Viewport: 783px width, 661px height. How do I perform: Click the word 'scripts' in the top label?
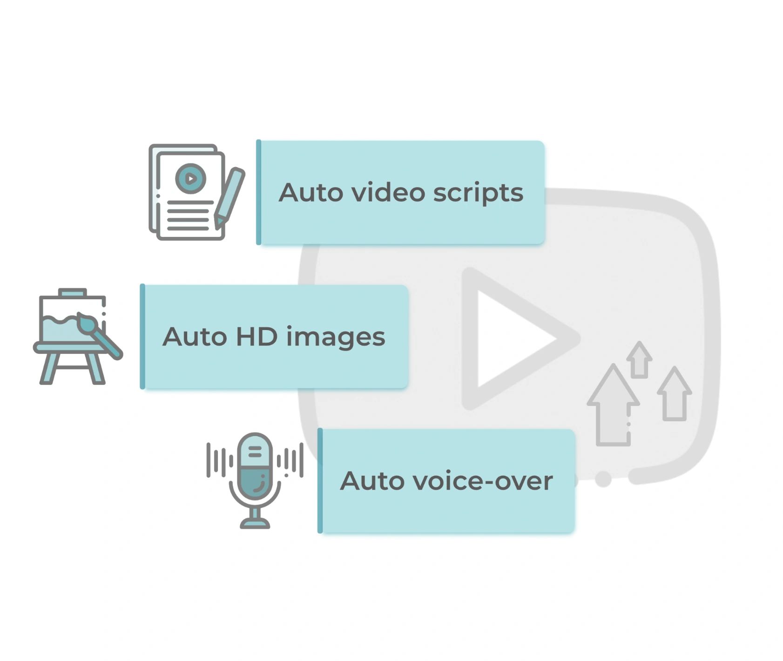pyautogui.click(x=478, y=193)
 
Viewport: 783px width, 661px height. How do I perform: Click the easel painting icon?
pyautogui.click(x=78, y=336)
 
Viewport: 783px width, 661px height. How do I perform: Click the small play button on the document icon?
pyautogui.click(x=190, y=178)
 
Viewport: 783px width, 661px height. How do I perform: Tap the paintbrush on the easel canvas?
pyautogui.click(x=99, y=335)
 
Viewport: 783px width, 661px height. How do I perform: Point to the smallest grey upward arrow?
pyautogui.click(x=639, y=359)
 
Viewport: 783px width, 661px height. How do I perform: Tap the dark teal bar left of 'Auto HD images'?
pyautogui.click(x=142, y=336)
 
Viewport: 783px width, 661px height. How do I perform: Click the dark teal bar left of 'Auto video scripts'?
pyautogui.click(x=259, y=192)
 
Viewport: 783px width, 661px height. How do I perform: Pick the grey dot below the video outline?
pyautogui.click(x=603, y=479)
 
